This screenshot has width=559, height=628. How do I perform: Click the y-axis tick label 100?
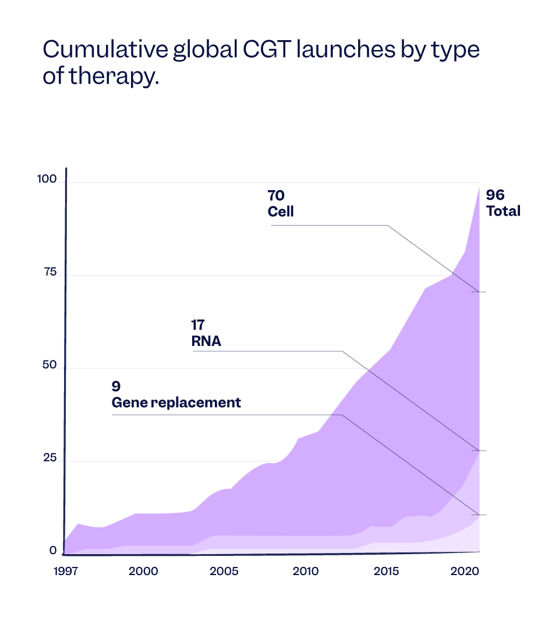[x=47, y=180]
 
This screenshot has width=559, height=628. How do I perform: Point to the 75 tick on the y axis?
[x=50, y=272]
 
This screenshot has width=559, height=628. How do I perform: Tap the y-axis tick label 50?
[x=50, y=365]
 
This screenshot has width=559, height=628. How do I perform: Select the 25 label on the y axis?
[x=50, y=458]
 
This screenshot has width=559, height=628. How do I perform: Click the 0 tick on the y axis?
[x=53, y=550]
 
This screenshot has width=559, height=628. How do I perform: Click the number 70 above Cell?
[x=276, y=195]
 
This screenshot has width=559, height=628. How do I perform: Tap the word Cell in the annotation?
[x=281, y=212]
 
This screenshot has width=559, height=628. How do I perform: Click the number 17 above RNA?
[x=198, y=325]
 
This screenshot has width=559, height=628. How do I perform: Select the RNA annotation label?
[x=206, y=341]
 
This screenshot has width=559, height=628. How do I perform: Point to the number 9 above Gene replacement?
[x=116, y=386]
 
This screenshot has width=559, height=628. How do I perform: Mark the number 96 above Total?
[x=495, y=195]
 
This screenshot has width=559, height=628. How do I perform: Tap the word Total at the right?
[x=503, y=211]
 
